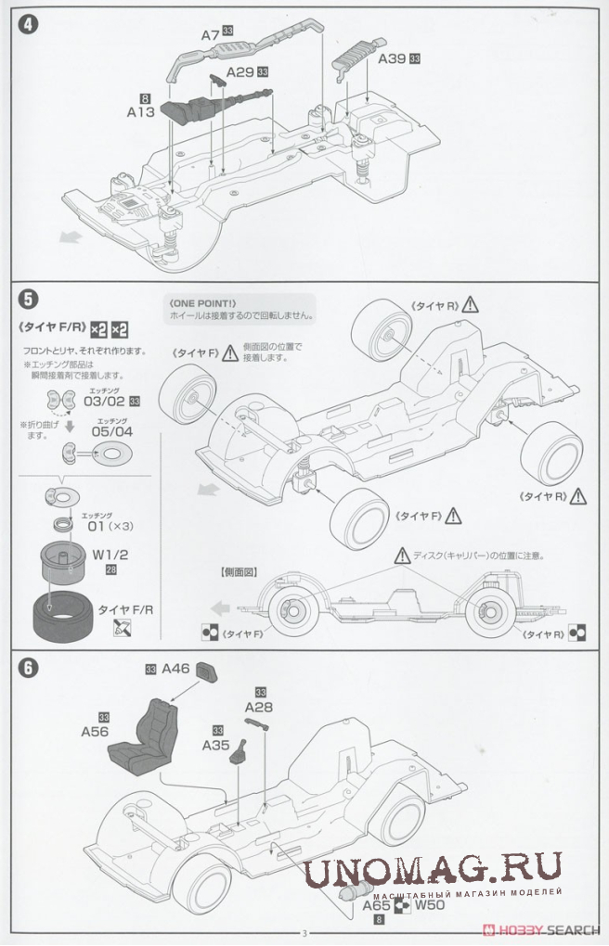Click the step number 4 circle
[x=29, y=24]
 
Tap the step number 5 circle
[x=29, y=299]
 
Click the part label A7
[x=211, y=35]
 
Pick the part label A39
[x=392, y=58]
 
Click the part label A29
[x=239, y=72]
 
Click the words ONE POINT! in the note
[x=203, y=302]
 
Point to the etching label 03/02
[x=104, y=402]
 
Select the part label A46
[x=175, y=668]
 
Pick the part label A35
[x=217, y=744]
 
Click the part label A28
[x=259, y=707]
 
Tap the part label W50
[x=429, y=904]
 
